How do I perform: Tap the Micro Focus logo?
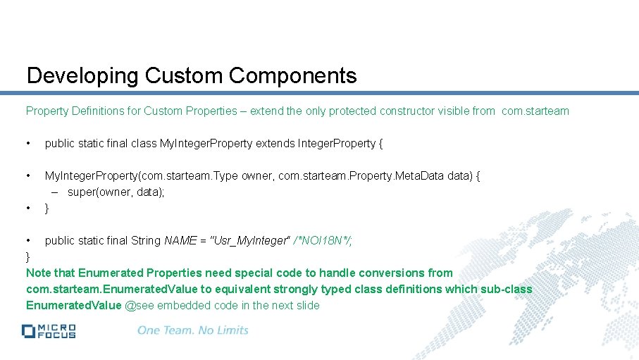[49, 330]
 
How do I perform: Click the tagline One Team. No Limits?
[192, 330]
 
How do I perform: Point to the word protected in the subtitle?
[349, 111]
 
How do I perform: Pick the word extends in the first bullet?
[275, 144]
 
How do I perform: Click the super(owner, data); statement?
[116, 192]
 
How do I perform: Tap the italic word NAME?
[180, 241]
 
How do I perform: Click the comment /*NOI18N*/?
[323, 241]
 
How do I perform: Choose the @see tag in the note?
[139, 306]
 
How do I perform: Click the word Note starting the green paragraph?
[39, 273]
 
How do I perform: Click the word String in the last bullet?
[146, 241]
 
